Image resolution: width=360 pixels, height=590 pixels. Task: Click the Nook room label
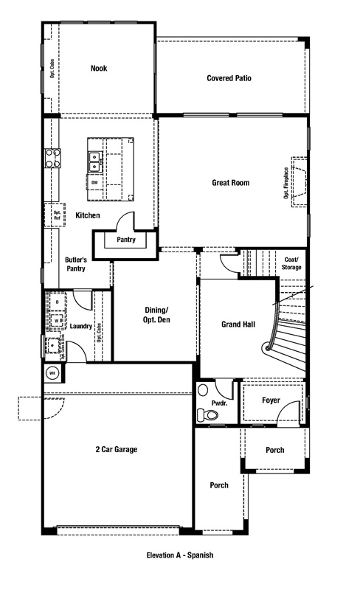[98, 68]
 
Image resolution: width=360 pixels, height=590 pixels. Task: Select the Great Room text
[230, 182]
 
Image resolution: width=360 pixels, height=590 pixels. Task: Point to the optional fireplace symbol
[299, 182]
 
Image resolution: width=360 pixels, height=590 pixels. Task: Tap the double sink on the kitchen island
[96, 158]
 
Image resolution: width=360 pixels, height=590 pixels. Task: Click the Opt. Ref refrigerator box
[57, 215]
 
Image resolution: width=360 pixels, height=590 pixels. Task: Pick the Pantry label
[125, 240]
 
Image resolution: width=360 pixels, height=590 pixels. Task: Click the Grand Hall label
[238, 324]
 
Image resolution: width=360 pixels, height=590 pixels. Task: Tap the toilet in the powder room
[210, 415]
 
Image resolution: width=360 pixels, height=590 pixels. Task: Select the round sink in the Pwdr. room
[204, 391]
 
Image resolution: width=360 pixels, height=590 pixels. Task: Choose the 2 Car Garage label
[115, 448]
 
